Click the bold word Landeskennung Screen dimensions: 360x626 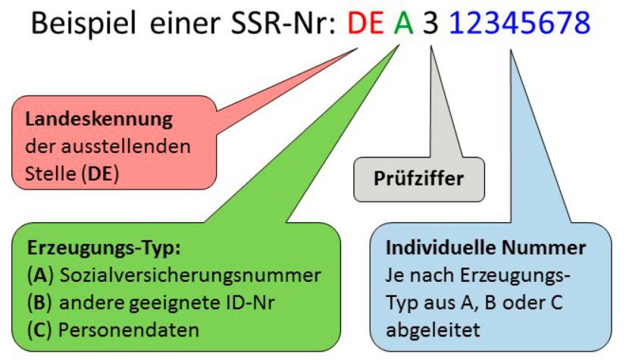pyautogui.click(x=99, y=120)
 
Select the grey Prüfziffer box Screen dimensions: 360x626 pyautogui.click(x=418, y=179)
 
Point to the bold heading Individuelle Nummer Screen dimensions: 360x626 pyautogui.click(x=485, y=249)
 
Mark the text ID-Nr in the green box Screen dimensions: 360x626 pyautogui.click(x=246, y=303)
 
